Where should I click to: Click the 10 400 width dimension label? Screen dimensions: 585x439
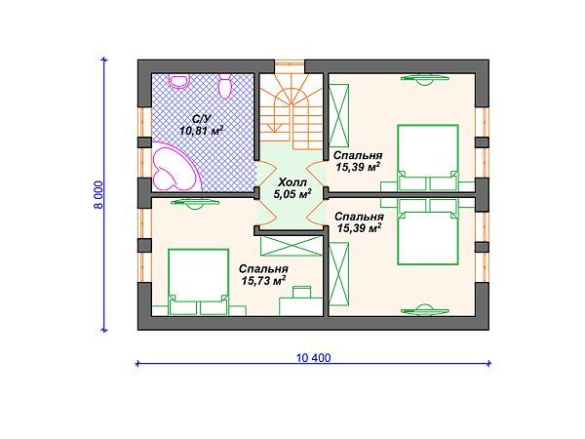tap(313, 358)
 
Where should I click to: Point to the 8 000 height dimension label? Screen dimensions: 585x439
tap(98, 195)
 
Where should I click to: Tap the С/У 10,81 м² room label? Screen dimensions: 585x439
tap(202, 125)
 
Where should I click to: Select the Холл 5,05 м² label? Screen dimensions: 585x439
tap(292, 188)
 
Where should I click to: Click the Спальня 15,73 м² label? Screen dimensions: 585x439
tap(263, 275)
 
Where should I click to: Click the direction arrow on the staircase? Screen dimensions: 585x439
tap(275, 118)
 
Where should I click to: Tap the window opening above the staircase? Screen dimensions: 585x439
tap(291, 66)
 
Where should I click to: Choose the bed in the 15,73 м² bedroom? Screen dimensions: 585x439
tap(199, 282)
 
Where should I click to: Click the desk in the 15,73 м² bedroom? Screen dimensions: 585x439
tap(301, 306)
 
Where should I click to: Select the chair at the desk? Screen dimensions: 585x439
tap(302, 292)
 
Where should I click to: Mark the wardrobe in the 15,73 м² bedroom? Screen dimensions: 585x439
tap(291, 246)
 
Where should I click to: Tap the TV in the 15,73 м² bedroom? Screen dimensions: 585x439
tap(194, 204)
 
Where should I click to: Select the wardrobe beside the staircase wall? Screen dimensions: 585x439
tap(338, 115)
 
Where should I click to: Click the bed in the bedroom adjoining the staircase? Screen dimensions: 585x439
tap(428, 158)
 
